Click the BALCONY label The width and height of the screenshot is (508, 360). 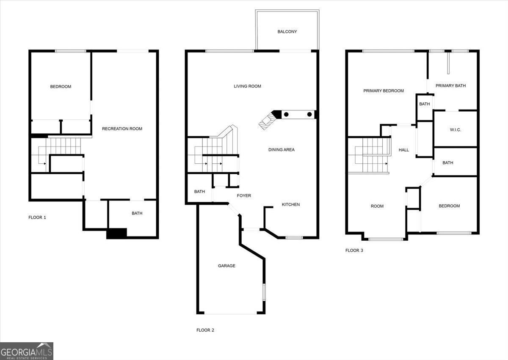[287, 32]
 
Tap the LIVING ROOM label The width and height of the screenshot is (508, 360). [247, 86]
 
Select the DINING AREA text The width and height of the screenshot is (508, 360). [281, 150]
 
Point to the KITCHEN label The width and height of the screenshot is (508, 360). [291, 205]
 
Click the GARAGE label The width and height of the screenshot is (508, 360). [226, 266]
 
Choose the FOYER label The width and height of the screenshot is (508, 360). [244, 196]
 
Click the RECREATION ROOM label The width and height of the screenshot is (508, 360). [122, 129]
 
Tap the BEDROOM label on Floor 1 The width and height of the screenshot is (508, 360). [61, 87]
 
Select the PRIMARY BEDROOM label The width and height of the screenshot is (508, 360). [384, 91]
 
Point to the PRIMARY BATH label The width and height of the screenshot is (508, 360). [450, 86]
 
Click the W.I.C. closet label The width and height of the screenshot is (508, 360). [455, 130]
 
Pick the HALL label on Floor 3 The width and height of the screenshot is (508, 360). [404, 150]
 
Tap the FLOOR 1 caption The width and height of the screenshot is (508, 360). [37, 217]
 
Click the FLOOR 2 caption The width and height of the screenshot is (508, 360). [205, 330]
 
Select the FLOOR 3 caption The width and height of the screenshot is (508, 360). [354, 250]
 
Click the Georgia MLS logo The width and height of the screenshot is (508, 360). [27, 351]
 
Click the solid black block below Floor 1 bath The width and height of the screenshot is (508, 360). [116, 234]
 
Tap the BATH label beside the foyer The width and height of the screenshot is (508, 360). [199, 192]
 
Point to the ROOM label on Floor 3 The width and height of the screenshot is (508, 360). [377, 206]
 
